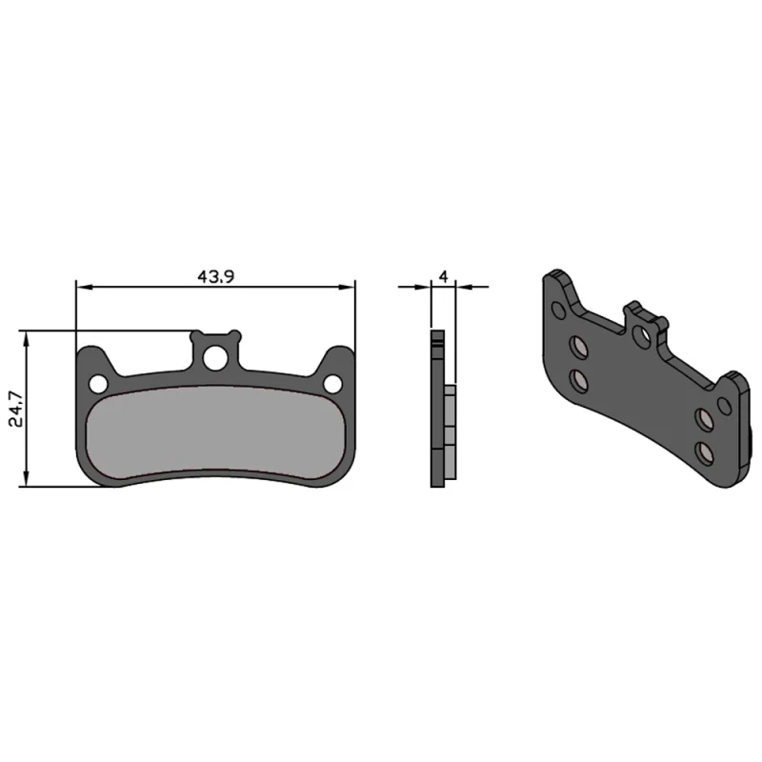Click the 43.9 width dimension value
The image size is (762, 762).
216,276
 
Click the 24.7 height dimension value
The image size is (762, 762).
12,409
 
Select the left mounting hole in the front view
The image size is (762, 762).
97,383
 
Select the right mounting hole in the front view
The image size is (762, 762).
332,383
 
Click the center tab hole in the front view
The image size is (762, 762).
215,358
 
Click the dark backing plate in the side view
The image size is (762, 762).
437,410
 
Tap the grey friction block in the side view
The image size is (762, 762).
451,419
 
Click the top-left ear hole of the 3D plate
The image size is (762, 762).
558,310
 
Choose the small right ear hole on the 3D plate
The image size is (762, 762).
725,406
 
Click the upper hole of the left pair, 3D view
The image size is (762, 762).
578,346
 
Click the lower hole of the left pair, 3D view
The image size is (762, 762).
578,381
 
